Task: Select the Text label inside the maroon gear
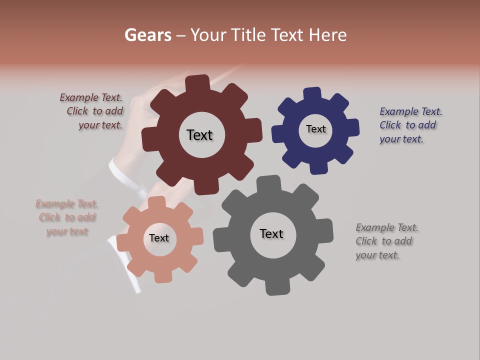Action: point(199,135)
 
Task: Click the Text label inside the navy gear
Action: point(315,129)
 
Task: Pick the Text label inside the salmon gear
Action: point(159,238)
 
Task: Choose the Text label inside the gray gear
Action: point(271,233)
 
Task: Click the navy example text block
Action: point(410,125)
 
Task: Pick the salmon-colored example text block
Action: point(67,217)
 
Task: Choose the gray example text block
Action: point(386,241)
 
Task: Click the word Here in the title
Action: point(327,35)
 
